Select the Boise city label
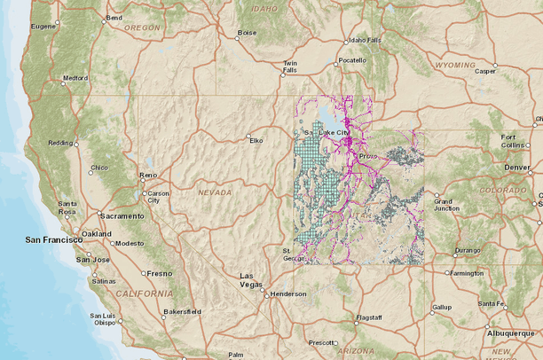click(x=246, y=33)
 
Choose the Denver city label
click(x=516, y=167)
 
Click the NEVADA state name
click(x=215, y=192)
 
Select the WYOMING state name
click(x=454, y=66)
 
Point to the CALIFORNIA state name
click(x=143, y=293)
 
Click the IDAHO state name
click(x=264, y=8)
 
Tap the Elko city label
click(x=256, y=140)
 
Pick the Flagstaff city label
click(x=368, y=317)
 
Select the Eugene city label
click(x=43, y=26)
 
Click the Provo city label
click(x=368, y=156)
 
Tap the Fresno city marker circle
click(x=144, y=273)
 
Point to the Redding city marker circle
click(x=76, y=144)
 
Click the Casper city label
click(x=485, y=71)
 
